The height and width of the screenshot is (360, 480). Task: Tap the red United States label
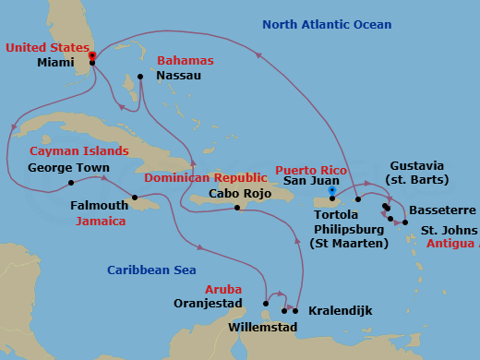click(45, 47)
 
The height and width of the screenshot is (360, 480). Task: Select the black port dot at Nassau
click(140, 77)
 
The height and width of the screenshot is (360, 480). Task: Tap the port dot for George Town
click(71, 183)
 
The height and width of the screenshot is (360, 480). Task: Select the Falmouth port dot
click(135, 198)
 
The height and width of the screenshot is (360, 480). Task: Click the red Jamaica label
click(99, 222)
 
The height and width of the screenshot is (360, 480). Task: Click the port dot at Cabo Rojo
click(238, 208)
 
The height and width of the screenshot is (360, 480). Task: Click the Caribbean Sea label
click(151, 270)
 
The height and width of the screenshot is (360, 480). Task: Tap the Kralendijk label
click(340, 311)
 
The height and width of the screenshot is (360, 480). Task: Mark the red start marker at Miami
click(92, 55)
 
